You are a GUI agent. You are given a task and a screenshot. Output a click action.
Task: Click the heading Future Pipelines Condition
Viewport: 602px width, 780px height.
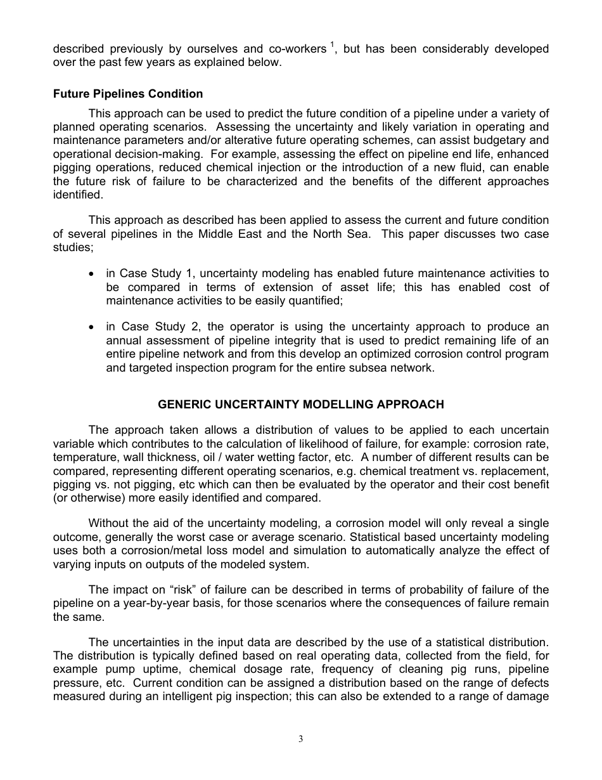coord(128,94)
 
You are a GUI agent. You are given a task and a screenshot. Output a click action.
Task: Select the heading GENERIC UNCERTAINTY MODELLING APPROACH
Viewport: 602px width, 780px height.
coord(301,404)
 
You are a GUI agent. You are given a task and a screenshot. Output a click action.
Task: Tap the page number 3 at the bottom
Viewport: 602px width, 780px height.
coord(301,739)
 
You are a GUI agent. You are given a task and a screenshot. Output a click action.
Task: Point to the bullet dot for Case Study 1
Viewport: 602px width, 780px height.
coord(93,274)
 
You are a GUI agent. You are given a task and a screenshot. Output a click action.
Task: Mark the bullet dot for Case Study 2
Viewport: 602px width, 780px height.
coord(93,327)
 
